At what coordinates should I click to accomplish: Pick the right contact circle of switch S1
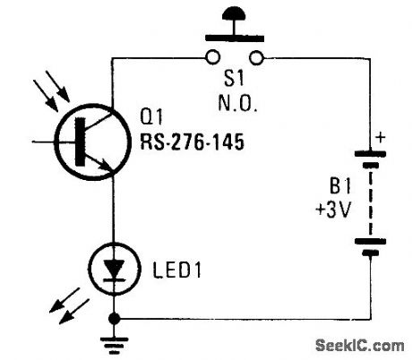tap(258, 59)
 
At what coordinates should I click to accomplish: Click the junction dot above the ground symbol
tap(114, 318)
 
